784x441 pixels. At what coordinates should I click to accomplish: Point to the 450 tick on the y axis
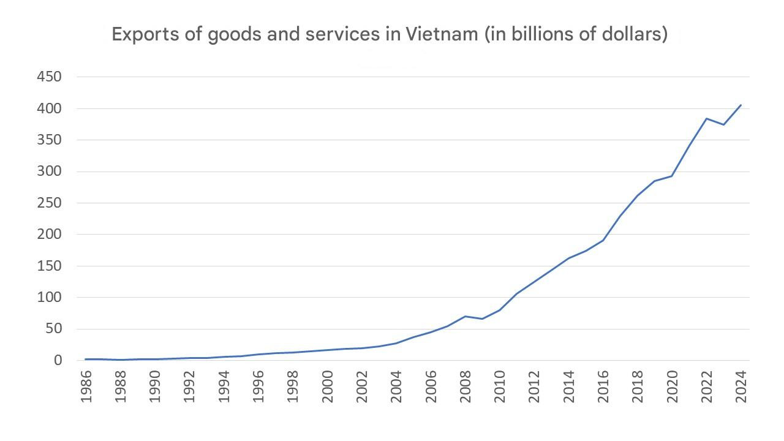click(x=50, y=77)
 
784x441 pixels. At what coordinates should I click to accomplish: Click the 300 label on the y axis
click(x=50, y=171)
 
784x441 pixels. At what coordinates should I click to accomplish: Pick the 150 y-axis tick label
click(x=50, y=266)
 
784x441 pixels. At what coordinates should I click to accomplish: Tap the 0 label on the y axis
click(x=58, y=360)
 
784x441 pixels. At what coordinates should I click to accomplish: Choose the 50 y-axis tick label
click(x=54, y=329)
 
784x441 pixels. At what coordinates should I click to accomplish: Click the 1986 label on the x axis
click(x=86, y=387)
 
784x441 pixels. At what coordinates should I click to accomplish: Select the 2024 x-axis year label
click(x=742, y=387)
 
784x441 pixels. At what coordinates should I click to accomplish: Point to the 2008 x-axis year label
click(x=466, y=387)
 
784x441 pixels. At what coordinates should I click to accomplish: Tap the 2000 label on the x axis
click(x=328, y=387)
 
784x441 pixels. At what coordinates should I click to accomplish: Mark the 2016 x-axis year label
click(x=604, y=387)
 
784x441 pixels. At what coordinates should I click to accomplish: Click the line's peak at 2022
click(x=707, y=118)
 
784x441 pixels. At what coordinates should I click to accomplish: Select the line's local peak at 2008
click(x=466, y=316)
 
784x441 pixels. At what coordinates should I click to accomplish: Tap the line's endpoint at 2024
click(x=741, y=105)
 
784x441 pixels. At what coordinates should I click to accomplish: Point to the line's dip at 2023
click(x=724, y=125)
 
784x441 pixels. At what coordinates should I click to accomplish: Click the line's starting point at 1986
click(x=86, y=359)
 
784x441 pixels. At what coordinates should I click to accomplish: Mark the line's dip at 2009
click(x=483, y=318)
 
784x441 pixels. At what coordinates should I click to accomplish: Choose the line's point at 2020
click(x=673, y=176)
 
